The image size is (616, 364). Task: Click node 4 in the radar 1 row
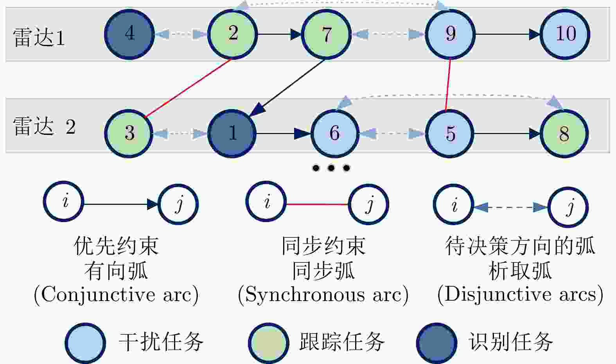tap(129, 34)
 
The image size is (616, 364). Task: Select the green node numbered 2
tap(233, 34)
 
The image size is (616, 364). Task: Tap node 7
tap(327, 34)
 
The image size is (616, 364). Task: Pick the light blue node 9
tap(450, 34)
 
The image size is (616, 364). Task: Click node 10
tap(565, 34)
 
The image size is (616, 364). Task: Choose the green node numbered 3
tap(129, 133)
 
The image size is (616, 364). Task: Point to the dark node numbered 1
tap(232, 133)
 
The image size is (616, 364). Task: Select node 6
tap(335, 133)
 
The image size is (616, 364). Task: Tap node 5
tap(450, 133)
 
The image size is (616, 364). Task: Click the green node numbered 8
tap(564, 133)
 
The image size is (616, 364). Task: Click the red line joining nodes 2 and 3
tap(188, 88)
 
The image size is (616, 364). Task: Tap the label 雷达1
tap(39, 38)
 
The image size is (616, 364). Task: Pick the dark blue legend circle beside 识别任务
tap(436, 343)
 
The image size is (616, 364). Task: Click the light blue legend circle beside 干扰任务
tap(85, 343)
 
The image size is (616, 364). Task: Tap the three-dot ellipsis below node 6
tap(331, 169)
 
